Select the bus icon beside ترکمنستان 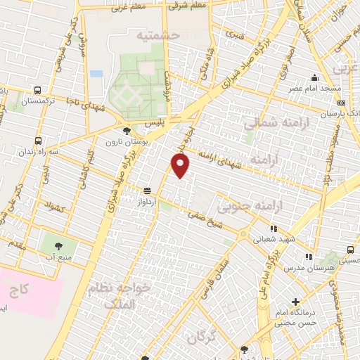(37, 90)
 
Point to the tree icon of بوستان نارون (126, 131)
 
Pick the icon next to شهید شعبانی (274, 228)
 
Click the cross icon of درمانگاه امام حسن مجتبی (295, 302)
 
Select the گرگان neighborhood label (203, 339)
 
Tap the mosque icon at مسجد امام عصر (314, 78)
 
